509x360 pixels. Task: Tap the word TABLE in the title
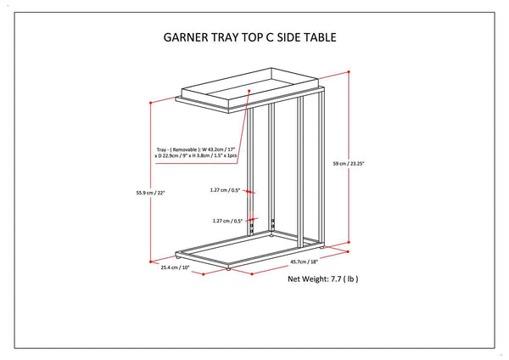coord(320,37)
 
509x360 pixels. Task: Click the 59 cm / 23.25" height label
coord(349,164)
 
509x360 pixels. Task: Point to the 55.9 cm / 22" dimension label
coord(151,193)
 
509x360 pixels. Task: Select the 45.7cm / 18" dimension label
coord(304,262)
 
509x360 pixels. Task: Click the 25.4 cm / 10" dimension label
coord(175,267)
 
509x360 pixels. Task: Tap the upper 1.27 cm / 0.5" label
coord(225,190)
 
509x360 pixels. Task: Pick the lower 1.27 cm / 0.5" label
coord(227,221)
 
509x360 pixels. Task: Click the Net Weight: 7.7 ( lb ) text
coord(323,278)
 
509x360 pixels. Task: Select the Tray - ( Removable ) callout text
coord(196,153)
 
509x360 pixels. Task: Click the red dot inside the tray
coord(249,91)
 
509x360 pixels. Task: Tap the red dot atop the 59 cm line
coord(349,72)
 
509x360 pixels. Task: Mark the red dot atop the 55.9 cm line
coord(151,103)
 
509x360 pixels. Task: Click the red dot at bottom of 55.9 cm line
coord(151,262)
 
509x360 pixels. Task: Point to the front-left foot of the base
coord(178,257)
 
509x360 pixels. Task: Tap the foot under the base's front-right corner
coord(228,269)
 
